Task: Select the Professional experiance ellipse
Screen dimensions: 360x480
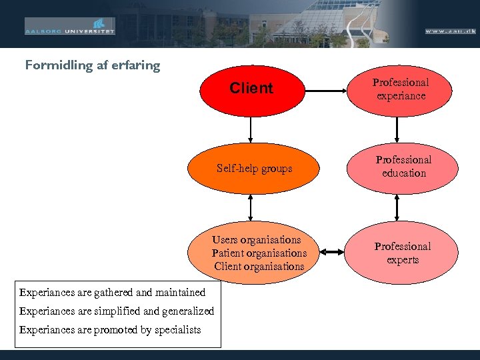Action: tap(400, 89)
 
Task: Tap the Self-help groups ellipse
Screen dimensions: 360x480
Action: tap(254, 169)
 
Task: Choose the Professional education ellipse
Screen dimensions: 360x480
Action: tap(403, 167)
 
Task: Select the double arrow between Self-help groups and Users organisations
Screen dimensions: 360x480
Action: tap(251, 207)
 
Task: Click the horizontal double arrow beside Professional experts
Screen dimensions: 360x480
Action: tap(331, 252)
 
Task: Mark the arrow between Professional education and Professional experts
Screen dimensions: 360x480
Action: tap(397, 207)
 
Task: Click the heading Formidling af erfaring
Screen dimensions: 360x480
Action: tap(93, 65)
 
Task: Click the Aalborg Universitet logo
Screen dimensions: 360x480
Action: tap(70, 27)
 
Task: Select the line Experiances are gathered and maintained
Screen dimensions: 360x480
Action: tap(112, 292)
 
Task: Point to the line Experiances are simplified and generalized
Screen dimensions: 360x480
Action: tap(117, 311)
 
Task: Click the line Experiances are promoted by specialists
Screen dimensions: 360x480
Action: tap(110, 329)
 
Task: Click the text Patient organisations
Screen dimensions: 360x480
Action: tap(259, 253)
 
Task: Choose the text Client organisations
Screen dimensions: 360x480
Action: tap(259, 267)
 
